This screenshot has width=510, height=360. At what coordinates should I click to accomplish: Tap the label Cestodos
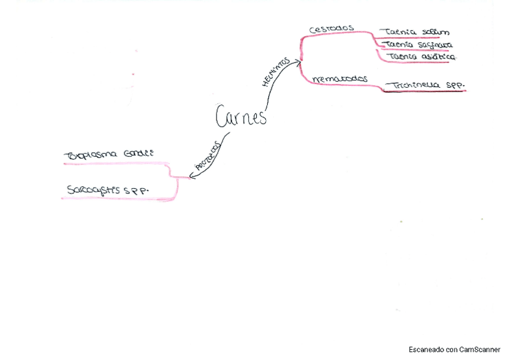[x=331, y=29]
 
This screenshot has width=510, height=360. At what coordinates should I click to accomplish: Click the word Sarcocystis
[x=94, y=190]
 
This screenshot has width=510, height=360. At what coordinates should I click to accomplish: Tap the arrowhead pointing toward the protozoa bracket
[x=191, y=176]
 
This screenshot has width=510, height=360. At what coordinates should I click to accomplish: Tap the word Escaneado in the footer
[x=426, y=349]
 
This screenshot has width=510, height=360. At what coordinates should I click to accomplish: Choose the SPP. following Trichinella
[x=453, y=86]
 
